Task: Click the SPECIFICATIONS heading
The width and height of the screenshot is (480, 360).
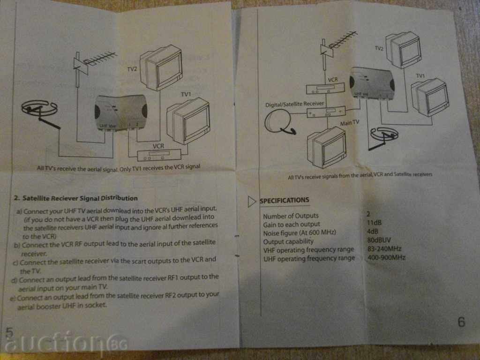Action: coord(285,201)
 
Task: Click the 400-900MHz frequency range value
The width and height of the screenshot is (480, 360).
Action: coord(387,257)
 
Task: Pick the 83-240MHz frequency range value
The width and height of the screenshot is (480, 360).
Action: coord(385,248)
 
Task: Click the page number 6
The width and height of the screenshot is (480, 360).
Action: coord(461,322)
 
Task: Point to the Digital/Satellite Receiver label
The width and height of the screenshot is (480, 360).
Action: coord(294,103)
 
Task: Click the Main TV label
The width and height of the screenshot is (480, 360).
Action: coord(350,123)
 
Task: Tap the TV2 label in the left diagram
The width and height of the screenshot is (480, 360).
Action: coord(132,69)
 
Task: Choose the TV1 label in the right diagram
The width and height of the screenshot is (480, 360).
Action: coord(420,76)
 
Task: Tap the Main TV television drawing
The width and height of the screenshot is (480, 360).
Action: coord(326,148)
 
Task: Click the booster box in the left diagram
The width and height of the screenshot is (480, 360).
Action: coord(121,112)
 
